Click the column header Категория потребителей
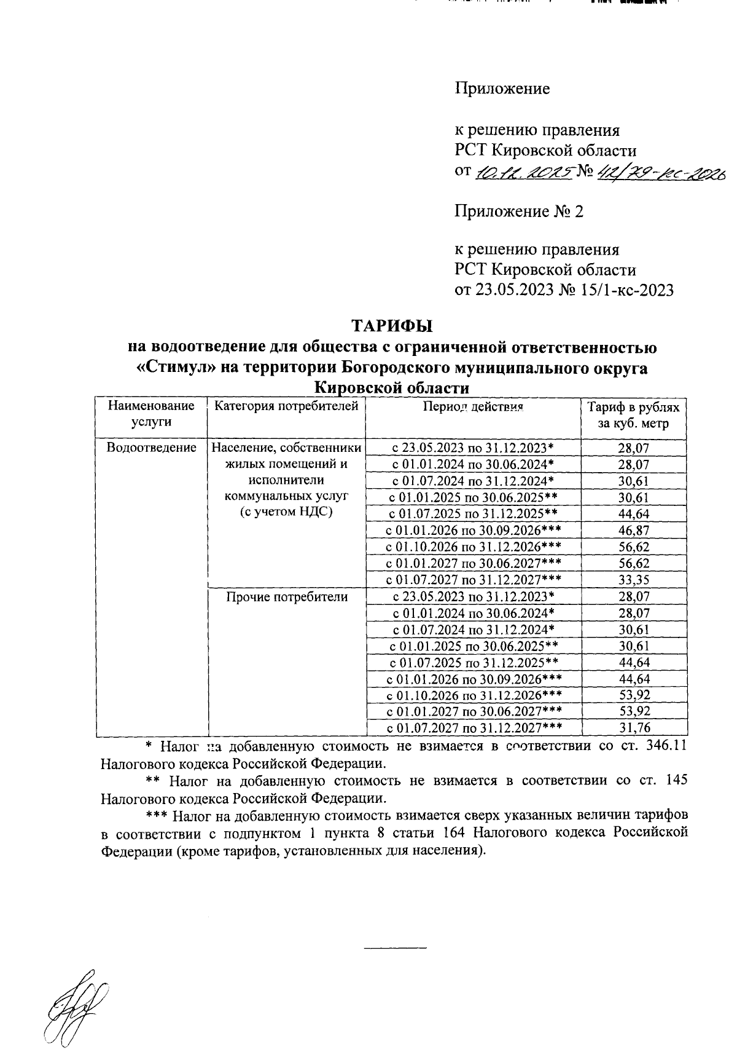(x=287, y=406)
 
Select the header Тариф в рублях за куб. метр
(x=633, y=415)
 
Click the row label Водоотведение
(x=151, y=448)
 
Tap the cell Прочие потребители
(x=287, y=596)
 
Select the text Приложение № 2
(x=519, y=212)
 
